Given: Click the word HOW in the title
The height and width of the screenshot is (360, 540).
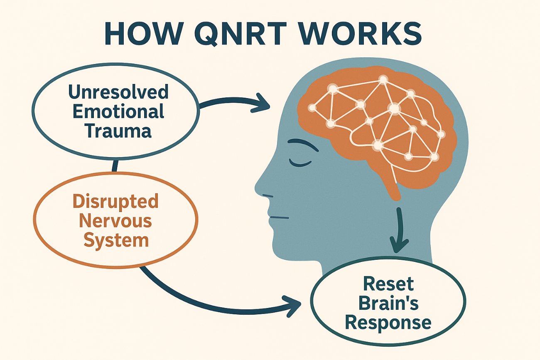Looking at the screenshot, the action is (x=144, y=33).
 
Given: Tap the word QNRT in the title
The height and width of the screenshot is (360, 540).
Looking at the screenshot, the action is (x=241, y=34).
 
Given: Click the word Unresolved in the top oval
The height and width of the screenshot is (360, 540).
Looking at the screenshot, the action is (x=118, y=92).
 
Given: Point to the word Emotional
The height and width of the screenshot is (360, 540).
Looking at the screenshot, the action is (x=118, y=111).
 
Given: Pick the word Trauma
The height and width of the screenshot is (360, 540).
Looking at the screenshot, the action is (x=118, y=131).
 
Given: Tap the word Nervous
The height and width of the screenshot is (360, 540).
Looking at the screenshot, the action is (x=115, y=221).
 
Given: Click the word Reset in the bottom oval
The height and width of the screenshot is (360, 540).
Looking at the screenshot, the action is (x=388, y=284).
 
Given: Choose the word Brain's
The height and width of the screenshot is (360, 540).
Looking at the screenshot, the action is (x=388, y=303).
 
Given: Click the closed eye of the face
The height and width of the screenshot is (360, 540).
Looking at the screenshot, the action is (x=300, y=163).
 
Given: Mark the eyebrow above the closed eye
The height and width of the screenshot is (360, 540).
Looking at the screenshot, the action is (x=303, y=144).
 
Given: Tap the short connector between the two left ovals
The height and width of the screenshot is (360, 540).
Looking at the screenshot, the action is (x=115, y=166).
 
